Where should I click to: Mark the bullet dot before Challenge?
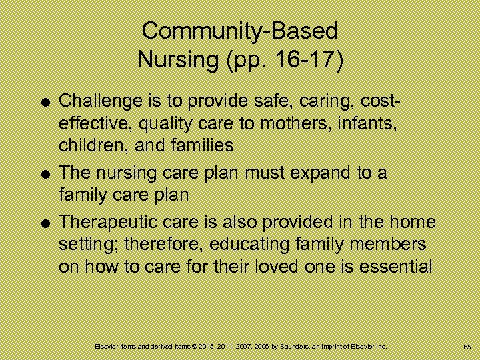[45, 102]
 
